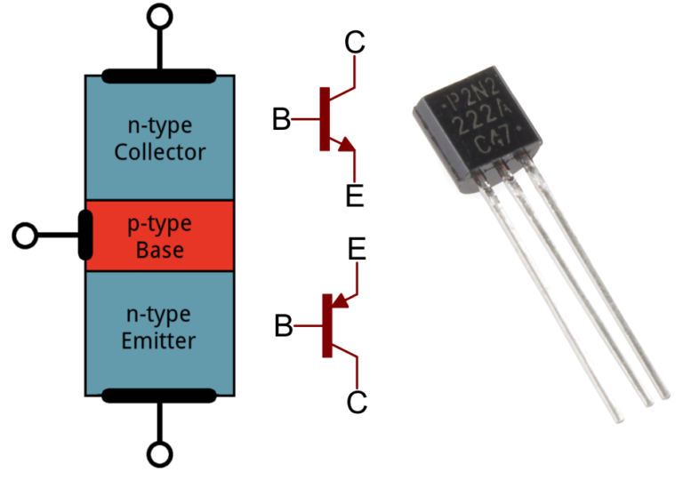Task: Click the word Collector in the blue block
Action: tap(160, 152)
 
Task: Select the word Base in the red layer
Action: tap(160, 250)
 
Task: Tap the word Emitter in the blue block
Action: tap(160, 340)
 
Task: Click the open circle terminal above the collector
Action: tap(160, 16)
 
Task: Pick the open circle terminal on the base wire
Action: tap(26, 236)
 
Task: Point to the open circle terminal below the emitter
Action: tap(160, 455)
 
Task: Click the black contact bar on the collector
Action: tap(160, 76)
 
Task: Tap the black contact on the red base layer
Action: tap(85, 236)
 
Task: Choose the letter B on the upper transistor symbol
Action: tap(282, 119)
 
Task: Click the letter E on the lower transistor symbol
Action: tap(356, 250)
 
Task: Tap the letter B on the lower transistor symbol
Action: tap(283, 327)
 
